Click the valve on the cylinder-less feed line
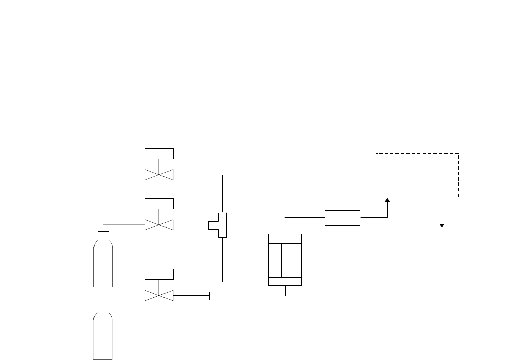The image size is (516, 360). [159, 175]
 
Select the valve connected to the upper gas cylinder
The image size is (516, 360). [159, 224]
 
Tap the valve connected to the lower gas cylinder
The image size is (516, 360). [159, 295]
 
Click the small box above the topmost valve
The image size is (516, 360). [159, 153]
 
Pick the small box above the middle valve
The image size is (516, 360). [159, 203]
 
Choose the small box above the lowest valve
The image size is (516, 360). [159, 274]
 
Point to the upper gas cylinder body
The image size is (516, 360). [103, 263]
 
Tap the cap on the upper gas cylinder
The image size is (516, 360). [103, 236]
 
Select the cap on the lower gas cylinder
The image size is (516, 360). [103, 308]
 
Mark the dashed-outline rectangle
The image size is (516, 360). [417, 175]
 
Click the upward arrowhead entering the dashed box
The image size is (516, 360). [387, 201]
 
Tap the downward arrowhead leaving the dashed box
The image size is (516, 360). [442, 225]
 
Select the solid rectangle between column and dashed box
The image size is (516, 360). [342, 218]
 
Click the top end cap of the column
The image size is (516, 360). [285, 238]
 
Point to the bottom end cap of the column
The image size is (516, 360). [285, 281]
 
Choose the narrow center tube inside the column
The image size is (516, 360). [285, 260]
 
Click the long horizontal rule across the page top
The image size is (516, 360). [257, 28]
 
